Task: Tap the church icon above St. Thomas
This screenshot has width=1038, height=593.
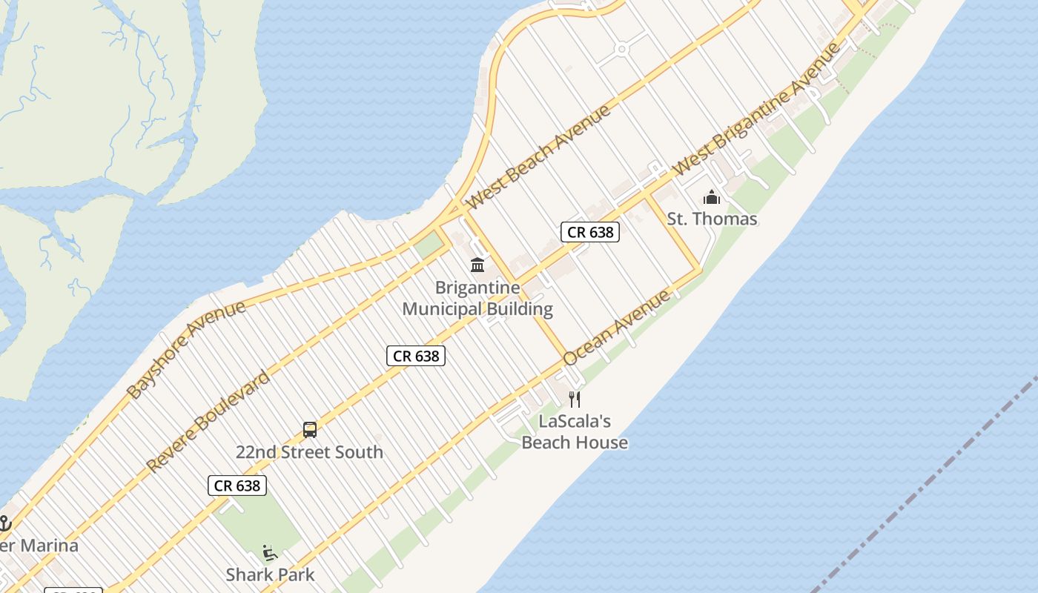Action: [712, 197]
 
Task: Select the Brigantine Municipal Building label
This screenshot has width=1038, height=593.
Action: [477, 298]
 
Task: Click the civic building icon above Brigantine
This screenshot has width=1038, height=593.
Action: [477, 265]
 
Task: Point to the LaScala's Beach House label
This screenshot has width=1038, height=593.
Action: [575, 431]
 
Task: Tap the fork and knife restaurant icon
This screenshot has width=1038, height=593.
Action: [575, 400]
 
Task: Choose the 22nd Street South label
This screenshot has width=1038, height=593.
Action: [309, 451]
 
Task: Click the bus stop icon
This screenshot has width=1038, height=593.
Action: [310, 430]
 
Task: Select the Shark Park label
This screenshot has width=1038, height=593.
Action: [270, 574]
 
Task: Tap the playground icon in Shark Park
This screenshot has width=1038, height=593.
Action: [270, 553]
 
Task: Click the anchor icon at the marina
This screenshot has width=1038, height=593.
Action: [4, 523]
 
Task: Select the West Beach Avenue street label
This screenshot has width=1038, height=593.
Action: [539, 156]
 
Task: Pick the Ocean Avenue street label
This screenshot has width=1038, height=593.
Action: [617, 327]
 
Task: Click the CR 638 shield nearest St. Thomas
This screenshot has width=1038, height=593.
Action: [589, 232]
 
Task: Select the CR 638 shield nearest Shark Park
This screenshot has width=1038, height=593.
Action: [237, 486]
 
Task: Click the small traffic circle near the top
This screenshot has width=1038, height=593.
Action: [621, 50]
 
